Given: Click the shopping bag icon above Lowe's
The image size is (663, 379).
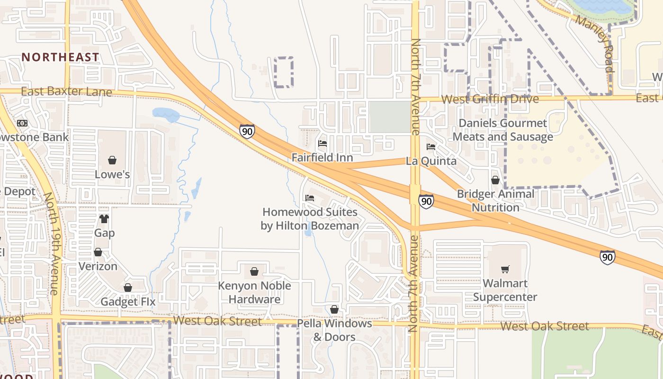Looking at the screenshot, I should (x=112, y=160).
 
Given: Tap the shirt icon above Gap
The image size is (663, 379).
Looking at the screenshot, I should (x=104, y=219).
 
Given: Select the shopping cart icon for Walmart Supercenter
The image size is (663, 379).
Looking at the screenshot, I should (x=505, y=269).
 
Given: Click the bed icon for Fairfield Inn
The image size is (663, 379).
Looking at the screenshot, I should (x=323, y=143).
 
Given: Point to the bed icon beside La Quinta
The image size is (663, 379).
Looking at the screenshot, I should (x=431, y=147).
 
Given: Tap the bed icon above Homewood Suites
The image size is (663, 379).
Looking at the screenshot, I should (x=310, y=198).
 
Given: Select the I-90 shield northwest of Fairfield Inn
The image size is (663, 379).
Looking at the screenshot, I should (x=247, y=131).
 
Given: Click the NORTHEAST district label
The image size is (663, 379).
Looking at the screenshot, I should (x=61, y=57).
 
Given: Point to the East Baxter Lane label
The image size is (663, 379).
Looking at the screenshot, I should (x=66, y=91).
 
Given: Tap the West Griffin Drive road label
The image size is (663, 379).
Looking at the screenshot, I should (x=490, y=99).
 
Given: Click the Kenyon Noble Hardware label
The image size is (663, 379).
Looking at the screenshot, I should (x=254, y=292).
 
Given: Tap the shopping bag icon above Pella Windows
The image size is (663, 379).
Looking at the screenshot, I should (x=334, y=309).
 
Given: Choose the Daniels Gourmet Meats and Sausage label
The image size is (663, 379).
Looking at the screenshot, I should (x=503, y=130).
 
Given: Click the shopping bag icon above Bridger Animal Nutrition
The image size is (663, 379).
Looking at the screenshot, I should (x=495, y=180).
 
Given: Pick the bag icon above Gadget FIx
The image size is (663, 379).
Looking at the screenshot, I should (x=128, y=288).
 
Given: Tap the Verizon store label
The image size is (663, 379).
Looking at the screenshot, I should (x=98, y=266).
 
